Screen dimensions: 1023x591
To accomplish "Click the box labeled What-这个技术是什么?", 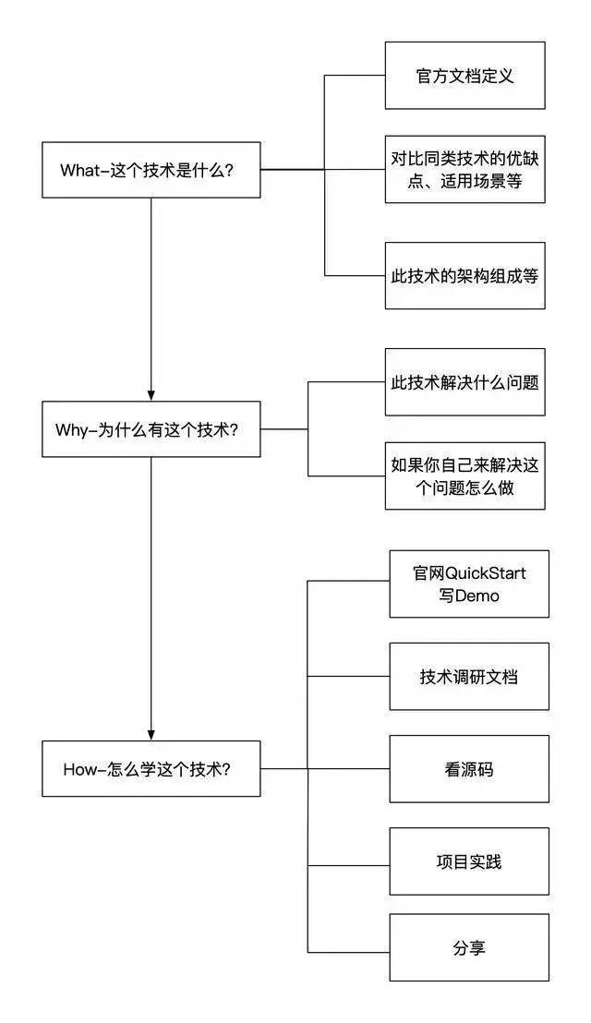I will (x=151, y=170).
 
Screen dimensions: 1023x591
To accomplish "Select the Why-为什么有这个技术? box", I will (x=151, y=429).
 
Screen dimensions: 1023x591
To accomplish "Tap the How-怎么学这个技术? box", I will (x=151, y=768).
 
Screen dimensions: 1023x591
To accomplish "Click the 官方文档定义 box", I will (x=465, y=76).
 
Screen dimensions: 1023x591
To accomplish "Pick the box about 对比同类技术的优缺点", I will (x=465, y=169).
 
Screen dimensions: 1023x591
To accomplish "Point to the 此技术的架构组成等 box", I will (x=465, y=276).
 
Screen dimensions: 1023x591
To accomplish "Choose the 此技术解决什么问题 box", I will (x=465, y=381).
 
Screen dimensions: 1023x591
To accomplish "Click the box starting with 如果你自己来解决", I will (x=465, y=475).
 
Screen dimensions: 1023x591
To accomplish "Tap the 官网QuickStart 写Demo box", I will (x=469, y=584).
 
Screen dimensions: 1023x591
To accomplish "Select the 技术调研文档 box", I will (x=469, y=677).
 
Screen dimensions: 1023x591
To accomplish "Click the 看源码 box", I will (x=469, y=768).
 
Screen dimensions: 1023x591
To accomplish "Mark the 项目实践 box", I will (x=469, y=861).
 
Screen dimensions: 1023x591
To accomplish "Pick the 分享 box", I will (x=469, y=947).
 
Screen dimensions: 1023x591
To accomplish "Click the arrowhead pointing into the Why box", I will (x=151, y=394).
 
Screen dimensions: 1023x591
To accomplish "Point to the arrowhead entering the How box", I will (x=151, y=733).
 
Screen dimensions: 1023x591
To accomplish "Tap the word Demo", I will (x=478, y=596).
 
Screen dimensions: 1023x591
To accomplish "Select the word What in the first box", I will (x=78, y=170).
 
